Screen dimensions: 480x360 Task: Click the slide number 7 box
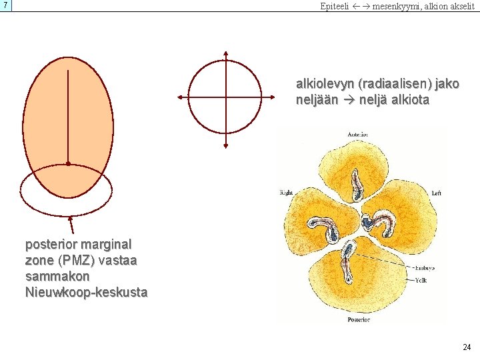click(6, 6)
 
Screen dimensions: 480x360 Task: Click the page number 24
click(467, 347)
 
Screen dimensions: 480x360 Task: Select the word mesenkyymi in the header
click(396, 7)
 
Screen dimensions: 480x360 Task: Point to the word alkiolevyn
click(325, 85)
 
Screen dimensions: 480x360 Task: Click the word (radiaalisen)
click(393, 85)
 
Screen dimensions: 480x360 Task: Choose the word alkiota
click(409, 101)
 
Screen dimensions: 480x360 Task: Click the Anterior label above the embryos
click(359, 135)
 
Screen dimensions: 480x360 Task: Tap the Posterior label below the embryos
click(359, 319)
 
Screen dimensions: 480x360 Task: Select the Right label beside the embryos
click(287, 193)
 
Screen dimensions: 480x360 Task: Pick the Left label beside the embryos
click(437, 193)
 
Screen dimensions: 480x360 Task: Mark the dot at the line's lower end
click(68, 163)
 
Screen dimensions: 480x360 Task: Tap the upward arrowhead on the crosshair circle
click(226, 53)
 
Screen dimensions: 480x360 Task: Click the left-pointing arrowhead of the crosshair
click(179, 97)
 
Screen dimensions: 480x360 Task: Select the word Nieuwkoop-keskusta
click(86, 292)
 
